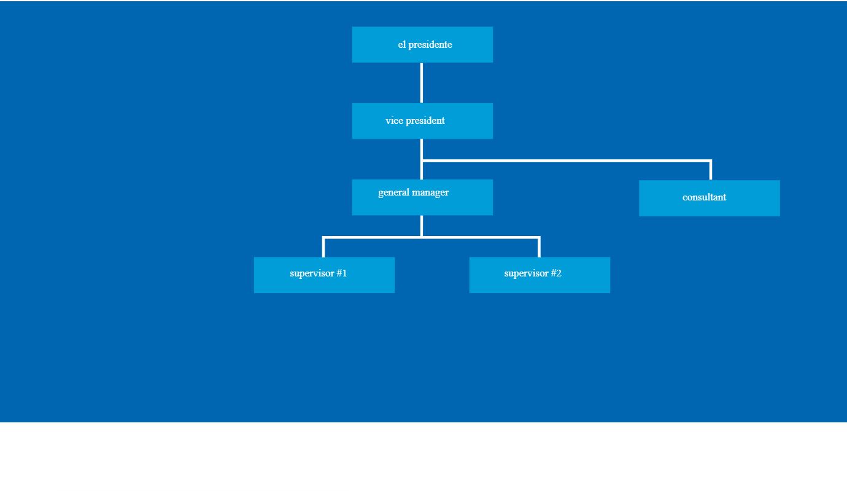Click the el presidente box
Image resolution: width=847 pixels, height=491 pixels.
[422, 45]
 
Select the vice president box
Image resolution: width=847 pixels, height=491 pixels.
[422, 121]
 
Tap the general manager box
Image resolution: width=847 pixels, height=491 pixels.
[422, 197]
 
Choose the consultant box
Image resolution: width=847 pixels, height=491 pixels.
[710, 198]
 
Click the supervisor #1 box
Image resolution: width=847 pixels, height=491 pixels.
[324, 275]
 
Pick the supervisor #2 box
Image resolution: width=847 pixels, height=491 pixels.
[540, 275]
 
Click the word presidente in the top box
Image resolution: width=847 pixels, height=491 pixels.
[430, 45]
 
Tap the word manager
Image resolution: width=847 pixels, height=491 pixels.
[430, 193]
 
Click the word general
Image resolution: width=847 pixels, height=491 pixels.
[393, 193]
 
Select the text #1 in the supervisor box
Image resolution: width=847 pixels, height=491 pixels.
[341, 273]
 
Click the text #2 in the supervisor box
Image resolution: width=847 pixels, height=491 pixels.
[556, 273]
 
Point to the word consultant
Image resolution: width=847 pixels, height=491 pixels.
[704, 197]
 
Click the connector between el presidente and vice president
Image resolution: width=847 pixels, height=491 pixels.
[422, 83]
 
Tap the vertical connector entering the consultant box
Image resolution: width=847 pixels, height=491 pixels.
[711, 170]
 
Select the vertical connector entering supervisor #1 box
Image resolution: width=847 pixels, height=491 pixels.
[323, 247]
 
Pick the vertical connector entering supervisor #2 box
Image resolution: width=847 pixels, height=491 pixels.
[540, 247]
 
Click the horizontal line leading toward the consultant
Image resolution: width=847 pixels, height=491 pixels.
[567, 161]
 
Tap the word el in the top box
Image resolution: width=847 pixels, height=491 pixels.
[401, 45]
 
